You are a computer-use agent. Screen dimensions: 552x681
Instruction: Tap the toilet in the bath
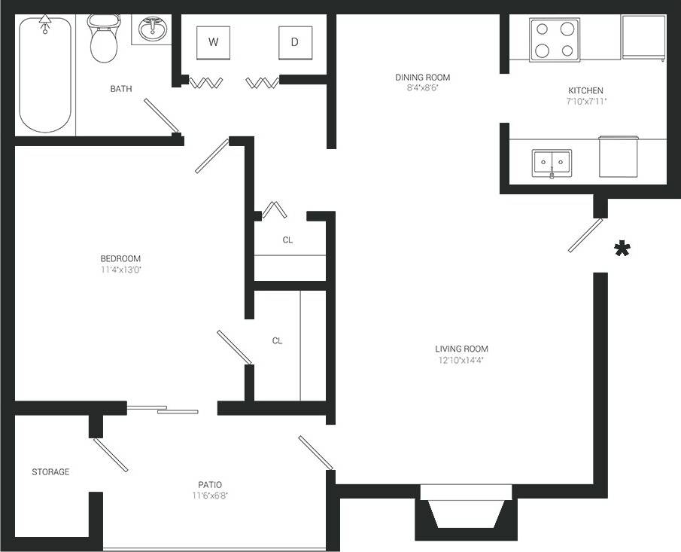[103, 39]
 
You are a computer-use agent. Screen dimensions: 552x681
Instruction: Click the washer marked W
[214, 42]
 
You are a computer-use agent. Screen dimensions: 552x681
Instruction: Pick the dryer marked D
[295, 42]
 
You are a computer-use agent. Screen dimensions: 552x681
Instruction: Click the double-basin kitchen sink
[552, 163]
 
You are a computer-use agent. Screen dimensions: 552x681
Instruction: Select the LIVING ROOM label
[461, 349]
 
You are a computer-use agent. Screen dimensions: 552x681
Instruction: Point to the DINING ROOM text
[422, 77]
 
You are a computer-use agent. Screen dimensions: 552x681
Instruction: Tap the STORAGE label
[50, 472]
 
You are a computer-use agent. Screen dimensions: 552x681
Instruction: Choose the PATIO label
[210, 484]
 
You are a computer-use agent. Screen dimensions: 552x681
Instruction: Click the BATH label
[121, 89]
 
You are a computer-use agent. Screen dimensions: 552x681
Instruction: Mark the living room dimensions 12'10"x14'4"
[461, 360]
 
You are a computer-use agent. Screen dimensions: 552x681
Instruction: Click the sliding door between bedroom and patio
[163, 410]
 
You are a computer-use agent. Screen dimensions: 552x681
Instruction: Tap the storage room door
[111, 456]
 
